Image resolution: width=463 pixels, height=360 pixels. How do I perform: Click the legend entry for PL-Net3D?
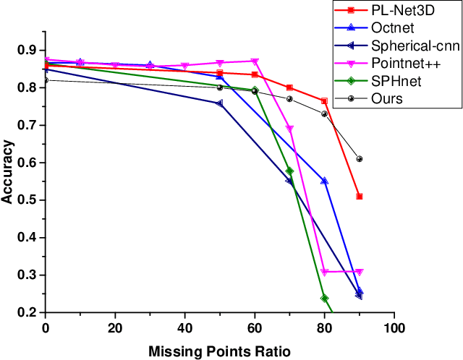pyautogui.click(x=399, y=10)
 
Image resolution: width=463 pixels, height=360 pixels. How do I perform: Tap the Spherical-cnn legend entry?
pyautogui.click(x=406, y=46)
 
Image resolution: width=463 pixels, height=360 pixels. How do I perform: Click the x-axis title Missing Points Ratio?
pyautogui.click(x=220, y=351)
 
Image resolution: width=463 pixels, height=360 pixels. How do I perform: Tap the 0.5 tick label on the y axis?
pyautogui.click(x=28, y=200)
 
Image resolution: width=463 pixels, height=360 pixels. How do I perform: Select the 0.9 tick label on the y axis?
pyautogui.click(x=28, y=50)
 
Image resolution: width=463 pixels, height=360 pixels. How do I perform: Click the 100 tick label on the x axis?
pyautogui.click(x=394, y=327)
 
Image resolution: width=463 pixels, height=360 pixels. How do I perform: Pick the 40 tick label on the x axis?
pyautogui.click(x=184, y=327)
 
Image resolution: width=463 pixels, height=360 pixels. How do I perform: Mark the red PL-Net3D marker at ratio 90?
pyautogui.click(x=360, y=197)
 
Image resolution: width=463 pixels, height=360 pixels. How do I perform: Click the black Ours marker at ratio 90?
pyautogui.click(x=360, y=159)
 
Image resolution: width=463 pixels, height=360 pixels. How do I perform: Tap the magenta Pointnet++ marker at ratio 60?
pyautogui.click(x=255, y=61)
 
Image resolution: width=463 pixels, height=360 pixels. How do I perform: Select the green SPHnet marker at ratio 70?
pyautogui.click(x=289, y=171)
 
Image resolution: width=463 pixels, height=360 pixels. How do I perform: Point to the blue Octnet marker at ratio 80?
pyautogui.click(x=324, y=181)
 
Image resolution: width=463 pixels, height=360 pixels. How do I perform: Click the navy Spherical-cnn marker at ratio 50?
pyautogui.click(x=220, y=103)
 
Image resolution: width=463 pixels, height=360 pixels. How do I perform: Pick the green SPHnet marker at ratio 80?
pyautogui.click(x=324, y=298)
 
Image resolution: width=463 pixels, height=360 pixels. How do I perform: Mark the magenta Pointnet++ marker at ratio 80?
pyautogui.click(x=324, y=272)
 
